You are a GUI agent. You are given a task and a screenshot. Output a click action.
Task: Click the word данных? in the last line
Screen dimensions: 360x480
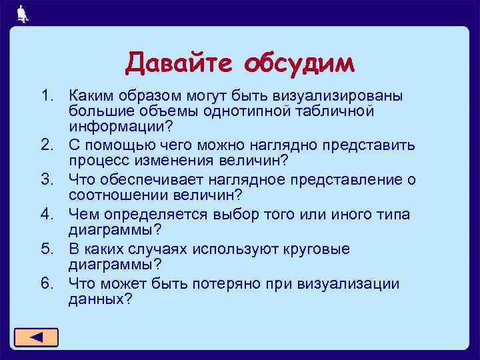(101, 300)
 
